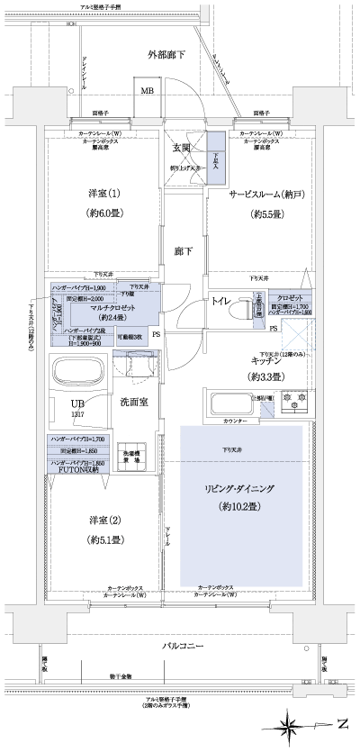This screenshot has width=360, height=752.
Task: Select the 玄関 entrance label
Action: [x=180, y=148]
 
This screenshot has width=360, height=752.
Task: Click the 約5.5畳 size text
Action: [x=267, y=214]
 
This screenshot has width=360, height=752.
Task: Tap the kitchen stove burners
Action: [x=294, y=402]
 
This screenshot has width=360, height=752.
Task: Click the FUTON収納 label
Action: [x=77, y=470]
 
